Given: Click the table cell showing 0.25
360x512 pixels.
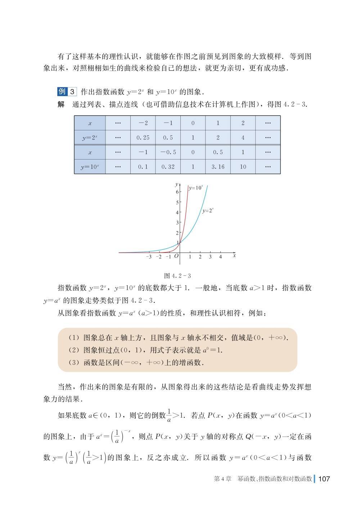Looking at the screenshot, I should tap(143, 138).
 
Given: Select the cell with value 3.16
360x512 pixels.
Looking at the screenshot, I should tap(218, 167).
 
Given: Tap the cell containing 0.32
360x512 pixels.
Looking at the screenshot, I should tap(168, 167).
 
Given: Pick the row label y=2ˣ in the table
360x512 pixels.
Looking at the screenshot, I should tap(90, 138).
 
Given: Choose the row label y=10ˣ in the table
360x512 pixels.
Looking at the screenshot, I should tap(90, 167).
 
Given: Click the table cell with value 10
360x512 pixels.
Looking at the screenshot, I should tap(243, 167).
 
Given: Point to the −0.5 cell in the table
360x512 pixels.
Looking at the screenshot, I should tap(168, 152).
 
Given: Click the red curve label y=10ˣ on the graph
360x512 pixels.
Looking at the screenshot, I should tap(196, 188).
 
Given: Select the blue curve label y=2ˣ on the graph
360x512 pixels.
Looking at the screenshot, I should tap(208, 211).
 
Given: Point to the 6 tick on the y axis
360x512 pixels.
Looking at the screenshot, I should tap(177, 192).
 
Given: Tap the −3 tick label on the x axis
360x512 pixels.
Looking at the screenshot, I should tap(149, 257).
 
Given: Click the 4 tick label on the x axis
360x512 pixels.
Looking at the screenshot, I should tap(220, 257).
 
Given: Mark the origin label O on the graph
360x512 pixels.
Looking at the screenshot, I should tap(176, 256).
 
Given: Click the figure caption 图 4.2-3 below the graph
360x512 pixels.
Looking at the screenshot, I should tap(177, 276).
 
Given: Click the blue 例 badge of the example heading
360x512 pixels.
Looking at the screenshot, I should tap(62, 91).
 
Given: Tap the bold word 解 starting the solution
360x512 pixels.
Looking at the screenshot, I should tap(61, 104).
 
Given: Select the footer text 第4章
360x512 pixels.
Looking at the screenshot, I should tap(222, 479).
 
